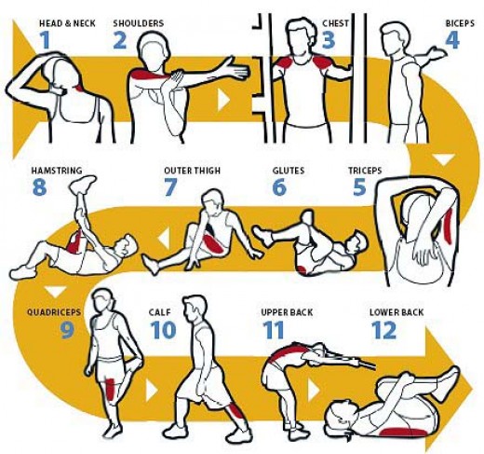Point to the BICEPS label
click(x=460, y=21)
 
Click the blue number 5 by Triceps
click(x=359, y=187)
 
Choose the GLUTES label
click(x=289, y=171)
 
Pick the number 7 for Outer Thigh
click(x=170, y=187)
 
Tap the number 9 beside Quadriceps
click(x=68, y=329)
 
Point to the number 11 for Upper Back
click(x=273, y=329)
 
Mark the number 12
click(x=383, y=330)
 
